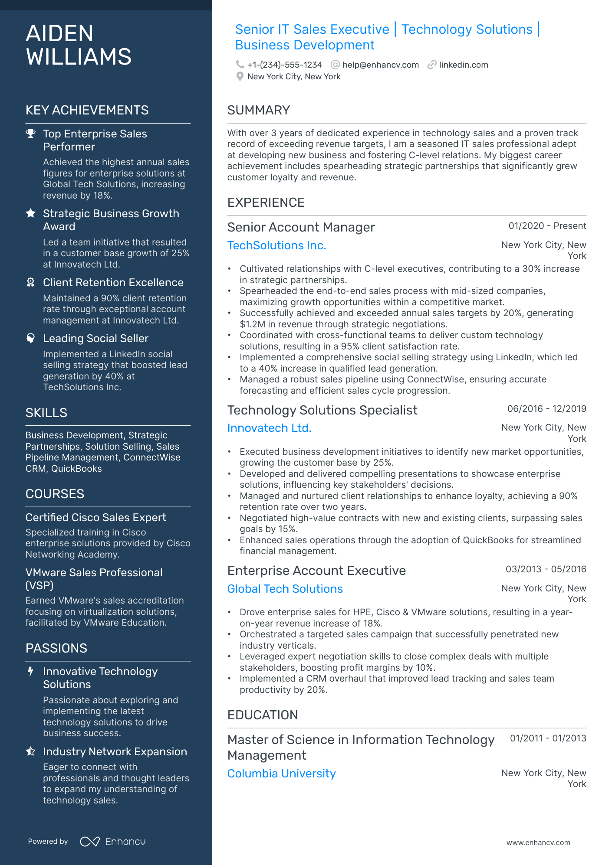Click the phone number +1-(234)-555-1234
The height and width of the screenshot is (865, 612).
point(285,65)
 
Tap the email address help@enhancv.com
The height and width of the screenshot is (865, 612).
point(380,65)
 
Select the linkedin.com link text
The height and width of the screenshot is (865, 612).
point(463,65)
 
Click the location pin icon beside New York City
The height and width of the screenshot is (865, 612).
point(240,77)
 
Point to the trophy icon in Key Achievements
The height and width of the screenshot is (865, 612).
point(30,134)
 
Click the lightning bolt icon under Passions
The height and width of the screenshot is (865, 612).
point(30,672)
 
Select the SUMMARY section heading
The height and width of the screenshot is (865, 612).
point(259,110)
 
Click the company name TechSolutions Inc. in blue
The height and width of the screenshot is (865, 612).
point(276,245)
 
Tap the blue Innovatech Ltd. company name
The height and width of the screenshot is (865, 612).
point(269,428)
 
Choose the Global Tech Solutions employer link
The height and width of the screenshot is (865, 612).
point(285,589)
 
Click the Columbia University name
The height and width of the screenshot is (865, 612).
point(281,774)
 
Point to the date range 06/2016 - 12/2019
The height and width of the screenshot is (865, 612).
point(546,409)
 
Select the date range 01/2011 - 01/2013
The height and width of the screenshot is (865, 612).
point(548,738)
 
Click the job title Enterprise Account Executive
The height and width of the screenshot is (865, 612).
point(316,571)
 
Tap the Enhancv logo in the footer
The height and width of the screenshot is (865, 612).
point(113,842)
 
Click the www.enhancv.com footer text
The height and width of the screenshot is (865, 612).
point(538,842)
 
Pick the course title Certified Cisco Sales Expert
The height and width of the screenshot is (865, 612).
point(95,518)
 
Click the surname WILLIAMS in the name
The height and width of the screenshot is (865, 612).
point(79,57)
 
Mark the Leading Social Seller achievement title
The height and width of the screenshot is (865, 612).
point(95,339)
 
